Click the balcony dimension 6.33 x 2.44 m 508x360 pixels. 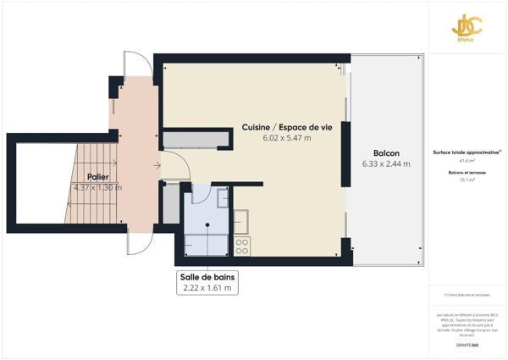[x=386, y=164]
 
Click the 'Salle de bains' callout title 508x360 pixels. [x=207, y=277]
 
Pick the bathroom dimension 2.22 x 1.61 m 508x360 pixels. [x=207, y=288]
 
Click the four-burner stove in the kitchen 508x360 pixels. [x=241, y=246]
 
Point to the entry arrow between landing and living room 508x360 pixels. [x=158, y=165]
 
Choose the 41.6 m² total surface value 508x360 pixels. [x=467, y=160]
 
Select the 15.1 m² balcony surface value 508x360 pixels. [x=467, y=180]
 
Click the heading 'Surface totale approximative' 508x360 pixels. [x=466, y=152]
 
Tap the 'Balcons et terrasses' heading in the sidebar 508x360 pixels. [x=467, y=172]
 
